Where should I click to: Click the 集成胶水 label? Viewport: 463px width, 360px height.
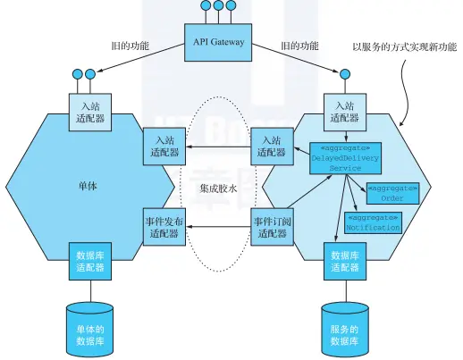(219, 188)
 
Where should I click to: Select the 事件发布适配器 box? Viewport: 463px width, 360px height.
(164, 226)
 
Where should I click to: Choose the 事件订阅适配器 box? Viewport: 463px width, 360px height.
(273, 226)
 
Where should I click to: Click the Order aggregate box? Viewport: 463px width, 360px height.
(393, 193)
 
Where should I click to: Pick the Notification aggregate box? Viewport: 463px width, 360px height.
(373, 222)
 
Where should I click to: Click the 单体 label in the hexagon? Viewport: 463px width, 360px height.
(88, 187)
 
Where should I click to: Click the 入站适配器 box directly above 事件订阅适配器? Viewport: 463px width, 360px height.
(272, 146)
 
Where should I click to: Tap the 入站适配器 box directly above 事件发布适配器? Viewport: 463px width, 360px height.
(164, 146)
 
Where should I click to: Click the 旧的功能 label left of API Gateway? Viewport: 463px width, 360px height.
(132, 46)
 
